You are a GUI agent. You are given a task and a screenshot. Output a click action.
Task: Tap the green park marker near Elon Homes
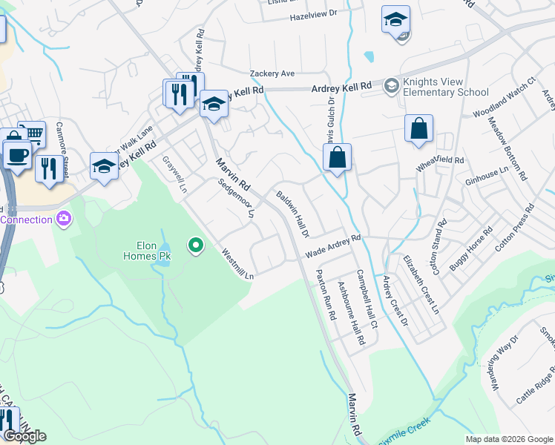[x=196, y=244]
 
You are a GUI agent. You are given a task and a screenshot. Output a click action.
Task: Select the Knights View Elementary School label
[x=445, y=87]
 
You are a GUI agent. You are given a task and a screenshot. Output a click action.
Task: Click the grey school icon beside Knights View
[x=391, y=87]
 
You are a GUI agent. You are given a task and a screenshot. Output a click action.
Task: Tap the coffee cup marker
[x=16, y=156]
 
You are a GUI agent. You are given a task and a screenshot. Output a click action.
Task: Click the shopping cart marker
[x=32, y=134]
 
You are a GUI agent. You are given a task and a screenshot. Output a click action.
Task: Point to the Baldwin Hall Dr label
[x=292, y=214]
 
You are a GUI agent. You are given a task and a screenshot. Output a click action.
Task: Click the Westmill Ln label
[x=237, y=263]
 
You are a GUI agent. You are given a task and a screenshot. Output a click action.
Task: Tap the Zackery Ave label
[x=272, y=73]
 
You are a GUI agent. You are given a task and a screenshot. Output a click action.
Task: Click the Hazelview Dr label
[x=313, y=13]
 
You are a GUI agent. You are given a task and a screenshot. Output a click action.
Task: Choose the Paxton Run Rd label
[x=326, y=294]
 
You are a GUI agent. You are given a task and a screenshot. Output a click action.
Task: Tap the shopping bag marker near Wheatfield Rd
[x=418, y=128]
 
